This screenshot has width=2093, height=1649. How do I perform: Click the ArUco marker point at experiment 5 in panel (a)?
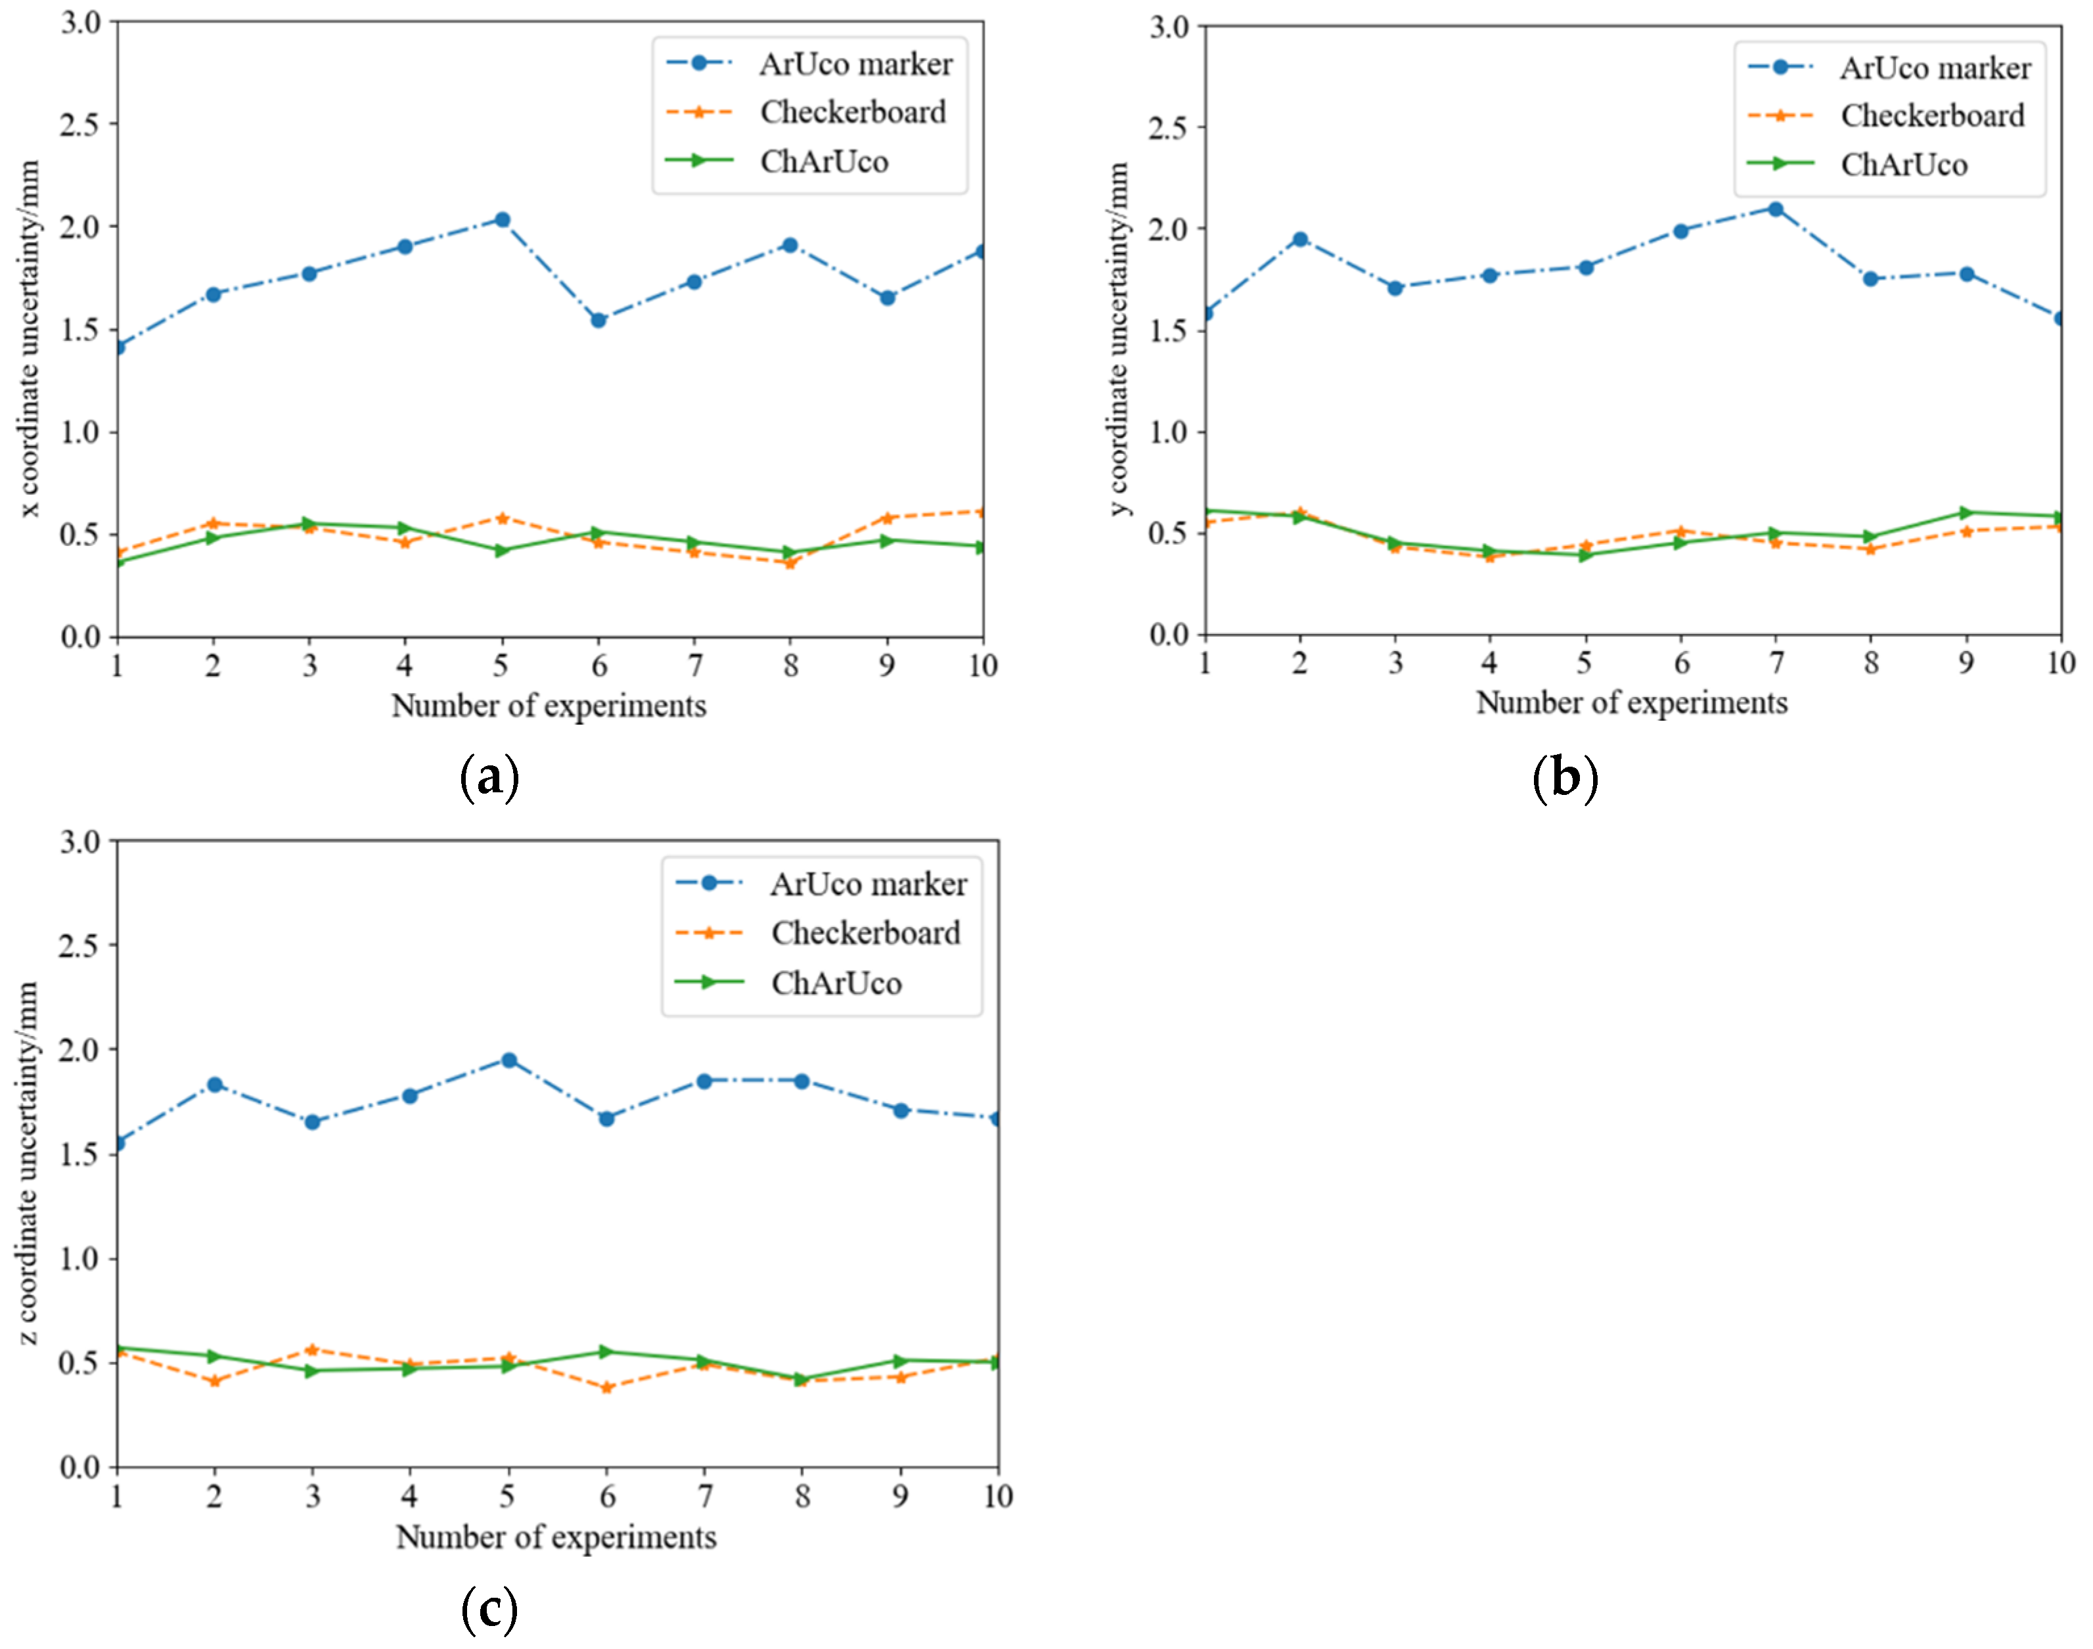[x=501, y=220]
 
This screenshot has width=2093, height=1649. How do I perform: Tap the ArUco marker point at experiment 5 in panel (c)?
[x=508, y=1060]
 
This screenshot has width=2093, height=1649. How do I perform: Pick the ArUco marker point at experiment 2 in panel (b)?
[x=1299, y=239]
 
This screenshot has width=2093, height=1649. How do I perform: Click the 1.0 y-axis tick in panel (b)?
[x=1168, y=432]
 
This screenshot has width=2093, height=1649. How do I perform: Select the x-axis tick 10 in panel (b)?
[x=2060, y=662]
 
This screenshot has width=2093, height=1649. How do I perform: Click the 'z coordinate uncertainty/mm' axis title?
[x=28, y=1163]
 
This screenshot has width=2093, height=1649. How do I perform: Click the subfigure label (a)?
[x=489, y=777]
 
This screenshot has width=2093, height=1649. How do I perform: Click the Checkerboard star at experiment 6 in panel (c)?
[x=606, y=1388]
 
